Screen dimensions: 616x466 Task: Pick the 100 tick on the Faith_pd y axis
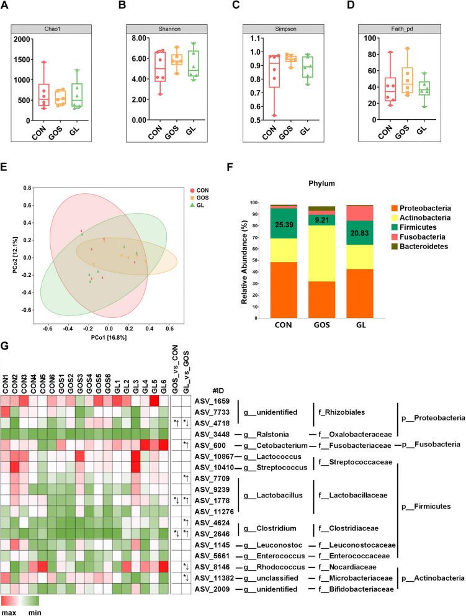(x=374, y=38)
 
